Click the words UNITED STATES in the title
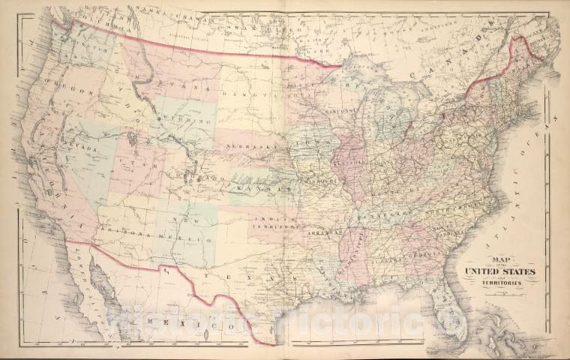click(501, 271)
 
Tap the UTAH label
click(127, 163)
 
